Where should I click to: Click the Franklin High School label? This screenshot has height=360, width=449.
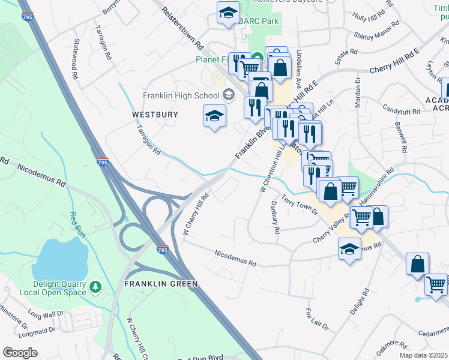pyautogui.click(x=181, y=95)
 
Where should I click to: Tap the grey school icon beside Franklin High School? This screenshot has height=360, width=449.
pyautogui.click(x=228, y=94)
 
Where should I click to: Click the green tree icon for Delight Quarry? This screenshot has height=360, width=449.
pyautogui.click(x=95, y=289)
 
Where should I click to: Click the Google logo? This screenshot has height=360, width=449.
pyautogui.click(x=20, y=353)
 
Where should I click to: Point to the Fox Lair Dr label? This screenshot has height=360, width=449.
pyautogui.click(x=316, y=320)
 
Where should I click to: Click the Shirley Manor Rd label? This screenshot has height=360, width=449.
pyautogui.click(x=376, y=30)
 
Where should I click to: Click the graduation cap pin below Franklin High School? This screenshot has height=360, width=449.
pyautogui.click(x=214, y=116)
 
